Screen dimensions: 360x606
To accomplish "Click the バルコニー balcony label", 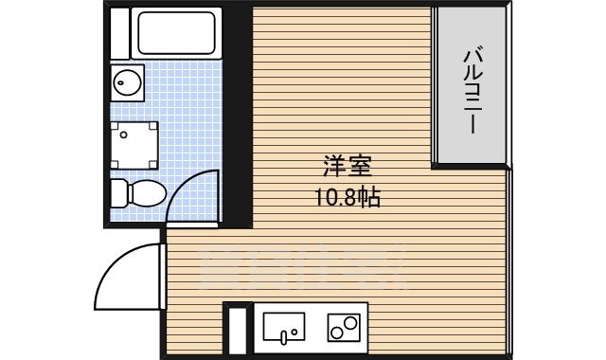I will tap(472, 85).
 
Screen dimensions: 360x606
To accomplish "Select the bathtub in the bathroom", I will tap(179, 32).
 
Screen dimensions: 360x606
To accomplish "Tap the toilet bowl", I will tap(145, 194).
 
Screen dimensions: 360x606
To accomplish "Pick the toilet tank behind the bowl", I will tap(117, 194).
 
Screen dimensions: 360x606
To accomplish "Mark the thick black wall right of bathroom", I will tap(238, 114).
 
